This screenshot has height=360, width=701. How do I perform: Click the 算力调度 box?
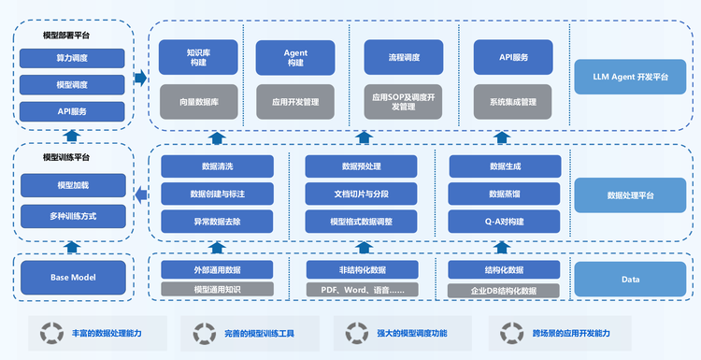[72, 58]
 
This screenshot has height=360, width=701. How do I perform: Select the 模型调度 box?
[72, 84]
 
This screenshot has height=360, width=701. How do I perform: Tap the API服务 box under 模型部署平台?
[72, 110]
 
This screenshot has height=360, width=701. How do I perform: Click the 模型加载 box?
[72, 186]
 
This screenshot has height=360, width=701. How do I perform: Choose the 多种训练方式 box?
[72, 217]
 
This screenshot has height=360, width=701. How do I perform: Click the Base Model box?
[72, 277]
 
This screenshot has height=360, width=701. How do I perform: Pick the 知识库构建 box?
[198, 57]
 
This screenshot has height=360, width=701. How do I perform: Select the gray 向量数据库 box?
[198, 101]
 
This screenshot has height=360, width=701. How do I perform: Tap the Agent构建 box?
[295, 57]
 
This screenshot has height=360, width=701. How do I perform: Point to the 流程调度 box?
[404, 57]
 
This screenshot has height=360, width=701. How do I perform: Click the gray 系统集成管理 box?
[512, 101]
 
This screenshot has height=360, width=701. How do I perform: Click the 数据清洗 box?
[217, 166]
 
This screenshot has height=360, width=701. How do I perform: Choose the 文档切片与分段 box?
[362, 194]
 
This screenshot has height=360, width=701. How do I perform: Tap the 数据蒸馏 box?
[505, 194]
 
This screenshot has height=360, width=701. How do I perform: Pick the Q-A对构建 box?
[505, 222]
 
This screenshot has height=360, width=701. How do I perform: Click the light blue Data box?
[631, 278]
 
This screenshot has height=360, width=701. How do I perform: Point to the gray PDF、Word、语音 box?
[362, 290]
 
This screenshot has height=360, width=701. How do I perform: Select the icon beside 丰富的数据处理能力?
[43, 333]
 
